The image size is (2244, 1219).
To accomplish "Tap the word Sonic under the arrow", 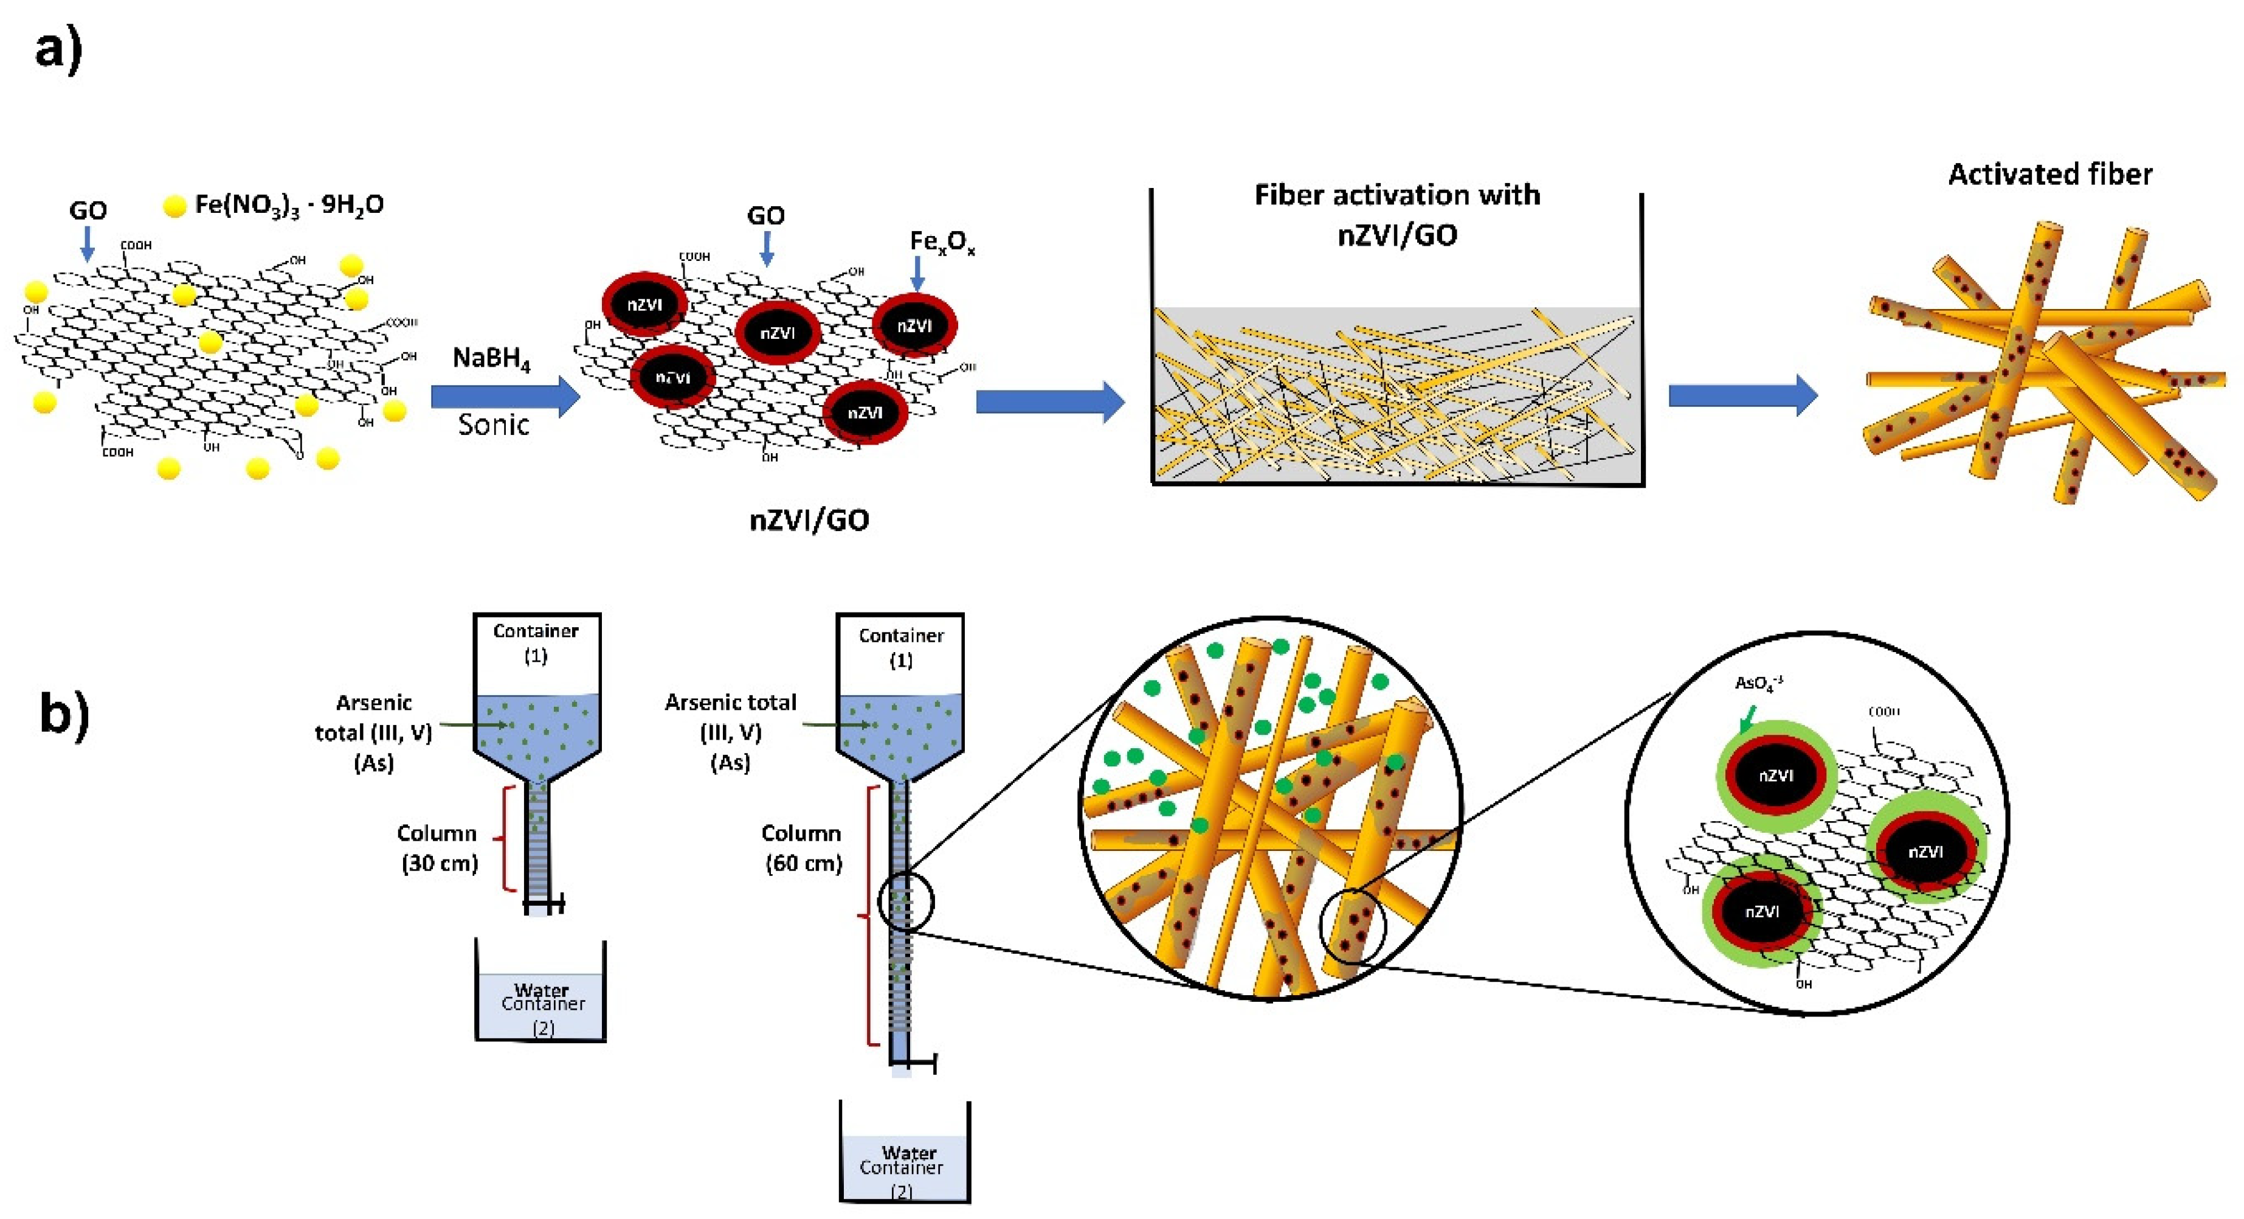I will click(x=493, y=425).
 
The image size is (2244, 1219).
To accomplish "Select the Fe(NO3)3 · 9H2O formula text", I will click(x=289, y=205).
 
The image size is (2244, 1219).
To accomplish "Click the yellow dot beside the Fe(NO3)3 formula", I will click(x=175, y=206).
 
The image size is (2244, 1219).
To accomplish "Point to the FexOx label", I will click(x=942, y=241).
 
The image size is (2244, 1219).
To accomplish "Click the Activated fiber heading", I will click(x=2049, y=174).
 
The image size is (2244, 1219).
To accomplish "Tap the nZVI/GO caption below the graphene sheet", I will click(x=809, y=520).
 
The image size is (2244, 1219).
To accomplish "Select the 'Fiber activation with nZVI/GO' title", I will click(x=1396, y=214).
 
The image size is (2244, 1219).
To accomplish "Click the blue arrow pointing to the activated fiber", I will click(x=1742, y=395).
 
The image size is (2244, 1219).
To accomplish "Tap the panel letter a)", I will click(x=58, y=48).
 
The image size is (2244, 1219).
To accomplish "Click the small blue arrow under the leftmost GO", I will click(x=87, y=243).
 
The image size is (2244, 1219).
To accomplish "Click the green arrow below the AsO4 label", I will click(x=1747, y=719).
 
